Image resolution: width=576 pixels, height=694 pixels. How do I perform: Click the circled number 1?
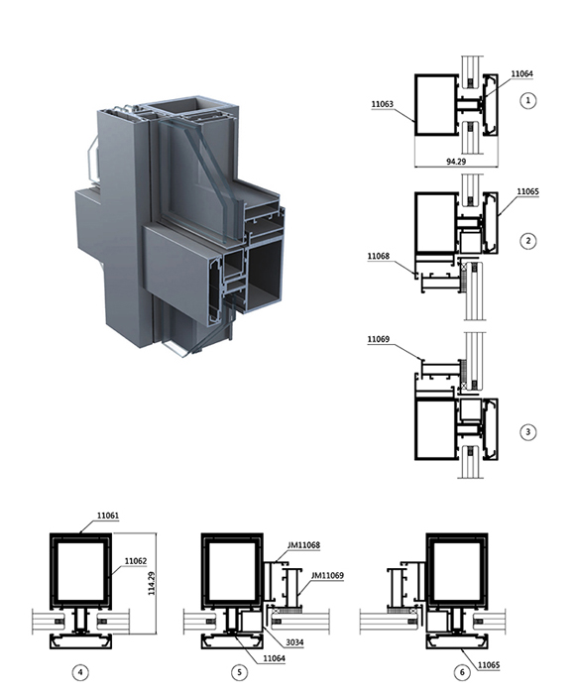point(527,100)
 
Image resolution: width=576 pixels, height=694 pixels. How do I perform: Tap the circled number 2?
point(527,241)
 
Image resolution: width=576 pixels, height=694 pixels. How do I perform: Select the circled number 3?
point(527,432)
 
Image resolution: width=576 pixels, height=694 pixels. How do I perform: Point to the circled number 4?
point(80,672)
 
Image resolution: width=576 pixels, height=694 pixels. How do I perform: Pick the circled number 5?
point(240,672)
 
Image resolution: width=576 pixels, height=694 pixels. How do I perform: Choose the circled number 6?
point(462,672)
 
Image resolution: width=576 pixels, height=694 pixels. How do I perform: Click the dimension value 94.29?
point(456,162)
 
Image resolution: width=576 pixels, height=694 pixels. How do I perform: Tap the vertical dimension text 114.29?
point(152,583)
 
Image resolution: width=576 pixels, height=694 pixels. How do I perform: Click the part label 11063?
point(382,104)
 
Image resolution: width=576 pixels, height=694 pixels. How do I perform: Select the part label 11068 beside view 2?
point(379,256)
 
